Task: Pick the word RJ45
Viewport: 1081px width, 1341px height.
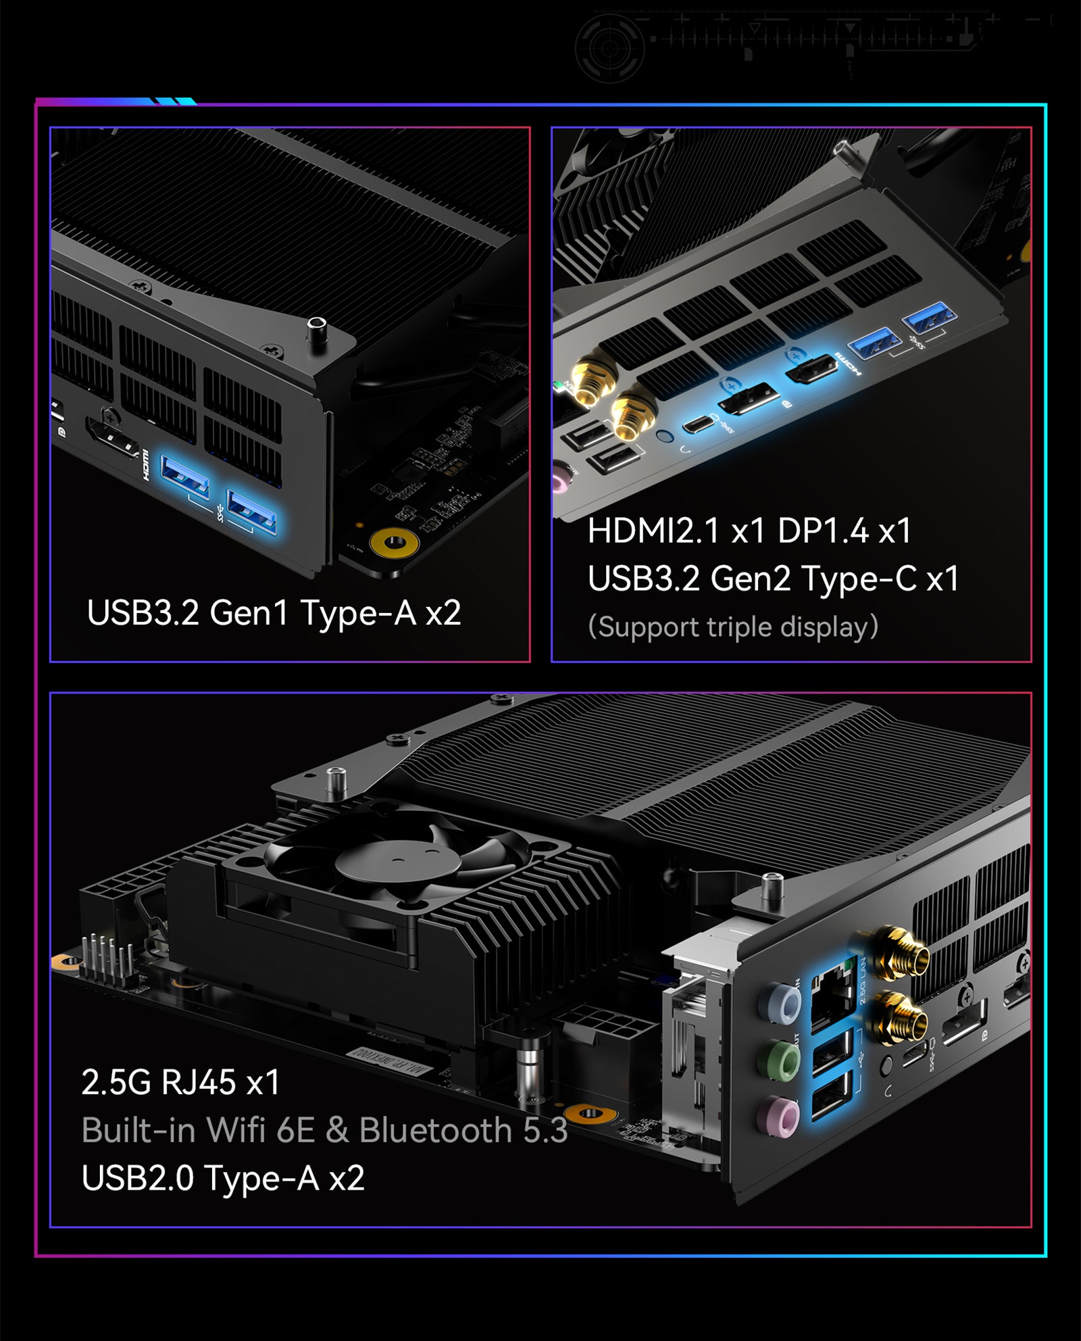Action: point(199,1082)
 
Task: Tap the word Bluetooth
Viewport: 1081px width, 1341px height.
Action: point(436,1130)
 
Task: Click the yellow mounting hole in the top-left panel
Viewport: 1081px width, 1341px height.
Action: point(394,541)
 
